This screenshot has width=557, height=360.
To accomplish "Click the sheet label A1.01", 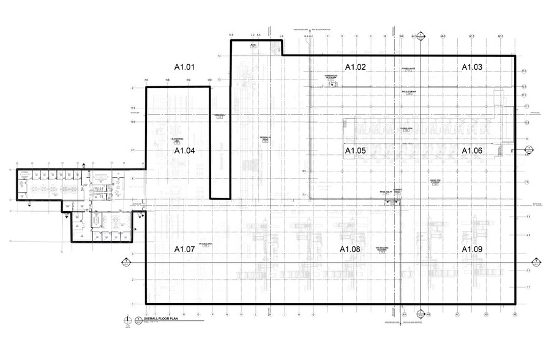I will click(x=184, y=67).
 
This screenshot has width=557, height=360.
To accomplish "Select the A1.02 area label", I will click(x=355, y=67).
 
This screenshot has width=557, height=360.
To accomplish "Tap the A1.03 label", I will click(x=472, y=67).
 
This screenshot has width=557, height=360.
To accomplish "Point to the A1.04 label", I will click(x=184, y=151).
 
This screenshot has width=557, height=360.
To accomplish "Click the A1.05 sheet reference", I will click(x=355, y=151).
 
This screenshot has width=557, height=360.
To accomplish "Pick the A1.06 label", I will click(x=472, y=151).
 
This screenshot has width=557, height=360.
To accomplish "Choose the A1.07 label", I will click(x=184, y=249).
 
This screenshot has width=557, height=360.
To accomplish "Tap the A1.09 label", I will click(x=472, y=249).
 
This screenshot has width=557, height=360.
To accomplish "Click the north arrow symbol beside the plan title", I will click(x=127, y=320).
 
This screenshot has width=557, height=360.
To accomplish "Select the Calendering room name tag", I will click(x=178, y=140).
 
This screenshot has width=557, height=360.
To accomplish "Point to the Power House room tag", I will click(x=408, y=69).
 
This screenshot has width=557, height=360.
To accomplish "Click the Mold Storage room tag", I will click(x=409, y=92).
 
